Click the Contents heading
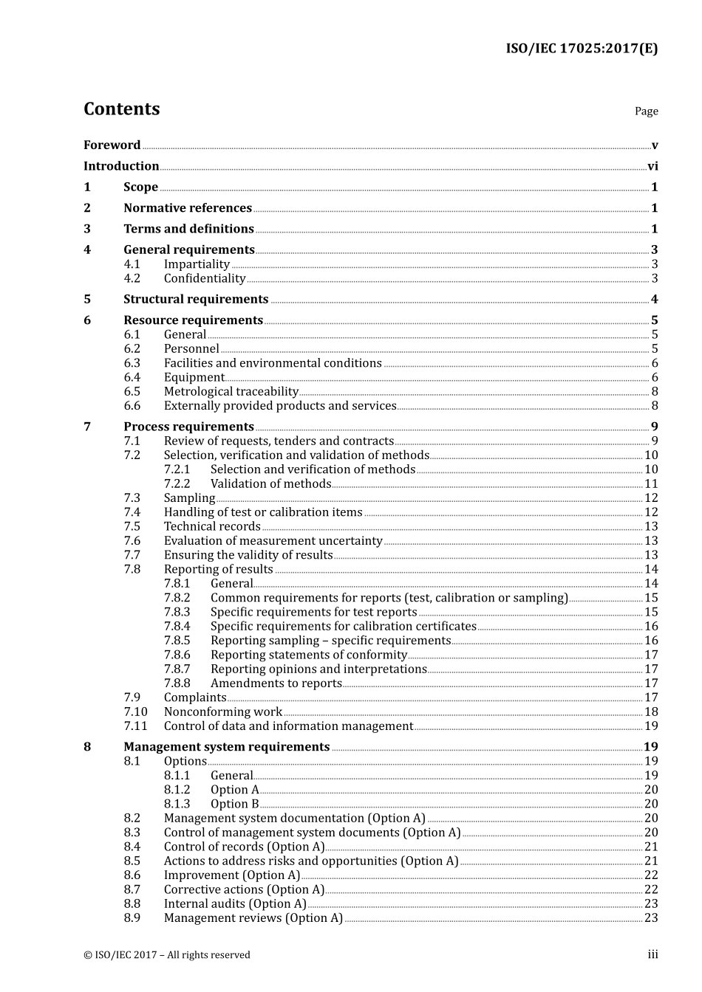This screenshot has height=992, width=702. point(121,109)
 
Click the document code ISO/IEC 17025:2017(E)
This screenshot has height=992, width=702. point(582,49)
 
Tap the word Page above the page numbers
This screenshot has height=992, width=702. point(646,111)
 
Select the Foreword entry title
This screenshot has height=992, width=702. point(112,145)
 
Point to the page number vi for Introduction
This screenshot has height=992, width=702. point(652,167)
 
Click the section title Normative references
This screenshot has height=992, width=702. point(188,208)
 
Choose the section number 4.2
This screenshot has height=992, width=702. point(132,279)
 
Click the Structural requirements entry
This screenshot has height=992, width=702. point(196,300)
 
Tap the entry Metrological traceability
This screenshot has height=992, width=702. point(231,392)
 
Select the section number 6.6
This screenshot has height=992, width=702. point(132,406)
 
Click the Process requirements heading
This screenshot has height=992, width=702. point(188,427)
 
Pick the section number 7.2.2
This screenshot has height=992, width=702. point(177,484)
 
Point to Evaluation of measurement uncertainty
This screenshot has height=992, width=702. point(273,541)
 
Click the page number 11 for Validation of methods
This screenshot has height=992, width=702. point(651,484)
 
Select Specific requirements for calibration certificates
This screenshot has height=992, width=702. point(343,627)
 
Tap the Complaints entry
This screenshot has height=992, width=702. point(195,697)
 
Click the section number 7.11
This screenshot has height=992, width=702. point(135,726)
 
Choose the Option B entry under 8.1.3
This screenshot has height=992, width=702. point(234,805)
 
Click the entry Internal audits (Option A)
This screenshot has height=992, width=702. point(235,904)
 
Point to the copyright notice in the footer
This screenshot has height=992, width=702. point(167,955)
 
